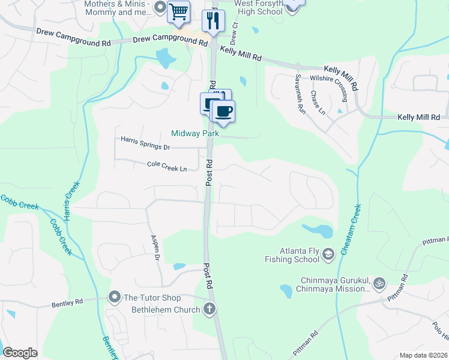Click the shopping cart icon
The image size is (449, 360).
coord(178,11)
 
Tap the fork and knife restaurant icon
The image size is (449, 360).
coord(212,21)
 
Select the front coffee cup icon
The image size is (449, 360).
coord(223,111)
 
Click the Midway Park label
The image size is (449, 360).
coord(195,133)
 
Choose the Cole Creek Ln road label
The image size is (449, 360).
coord(167,166)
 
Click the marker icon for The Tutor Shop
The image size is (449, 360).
coord(114,296)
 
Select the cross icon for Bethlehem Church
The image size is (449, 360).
coord(209,309)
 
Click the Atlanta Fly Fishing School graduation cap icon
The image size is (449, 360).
coord(328,255)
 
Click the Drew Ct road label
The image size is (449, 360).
coord(236,34)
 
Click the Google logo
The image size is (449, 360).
coord(20,353)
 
